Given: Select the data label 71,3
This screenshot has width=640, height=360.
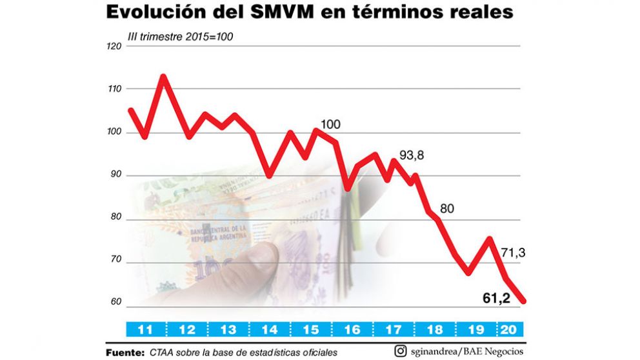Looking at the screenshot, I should pyautogui.click(x=513, y=253).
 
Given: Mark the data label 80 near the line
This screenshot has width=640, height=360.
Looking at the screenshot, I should pyautogui.click(x=447, y=208).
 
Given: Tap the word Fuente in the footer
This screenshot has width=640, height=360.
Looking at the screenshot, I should pyautogui.click(x=125, y=353).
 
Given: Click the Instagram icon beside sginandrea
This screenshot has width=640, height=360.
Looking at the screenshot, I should pyautogui.click(x=400, y=351).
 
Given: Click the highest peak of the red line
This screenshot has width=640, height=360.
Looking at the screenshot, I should pyautogui.click(x=163, y=77).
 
